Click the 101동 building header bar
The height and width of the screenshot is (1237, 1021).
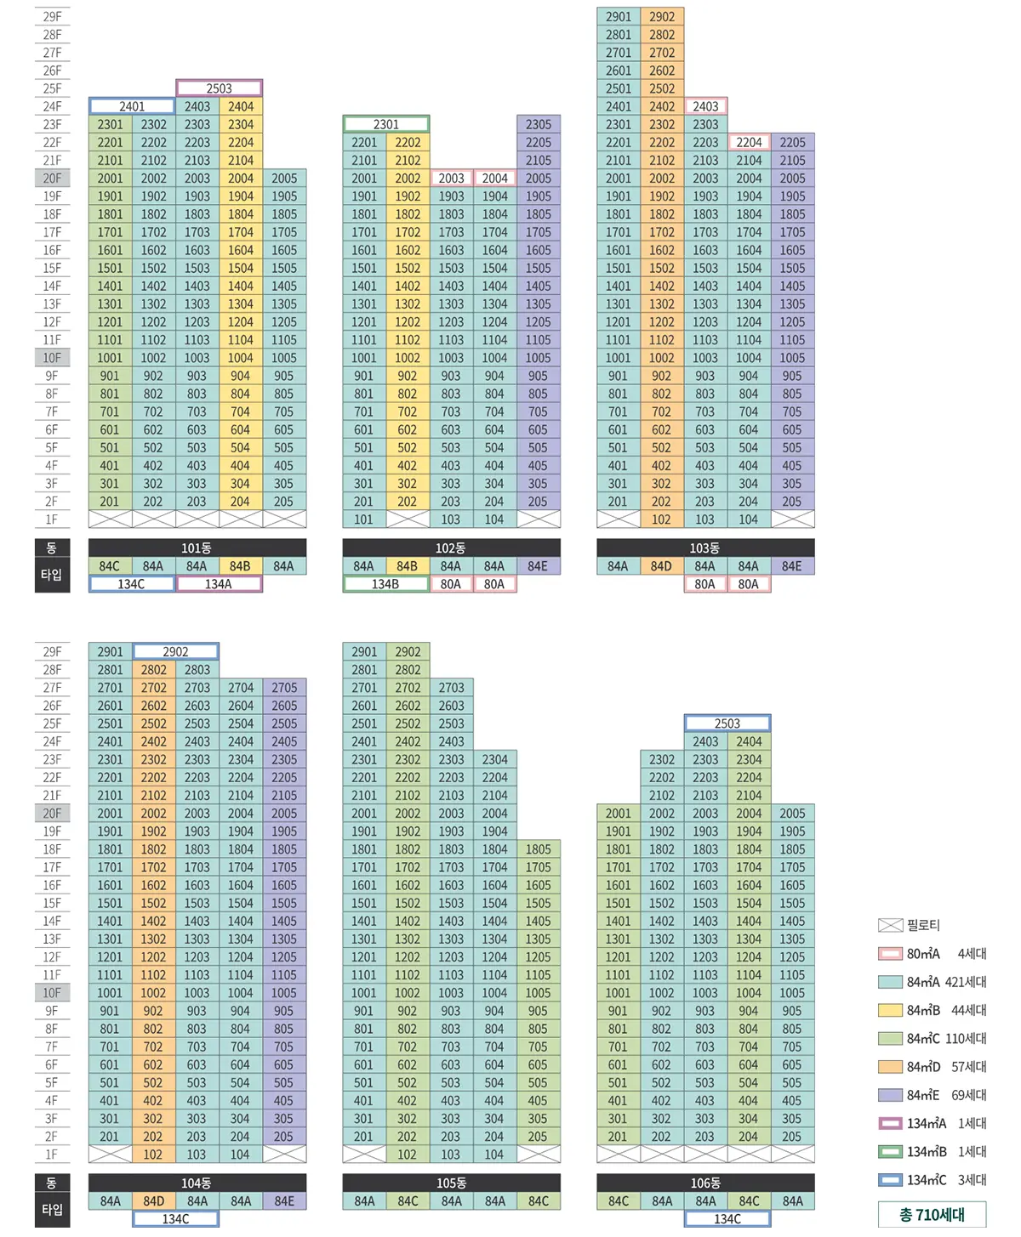pos(197,548)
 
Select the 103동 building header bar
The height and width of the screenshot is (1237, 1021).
pos(705,548)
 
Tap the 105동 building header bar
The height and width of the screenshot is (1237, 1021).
pos(451,1183)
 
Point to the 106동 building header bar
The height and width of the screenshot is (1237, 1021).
pos(705,1183)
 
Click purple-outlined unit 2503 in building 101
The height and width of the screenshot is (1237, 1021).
pos(219,88)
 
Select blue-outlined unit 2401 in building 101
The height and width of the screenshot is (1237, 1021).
pos(132,106)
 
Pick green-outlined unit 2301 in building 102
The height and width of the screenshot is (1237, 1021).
pos(385,124)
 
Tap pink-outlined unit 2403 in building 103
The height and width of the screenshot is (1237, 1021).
pos(705,106)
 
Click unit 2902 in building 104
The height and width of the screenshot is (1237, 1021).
pos(175,652)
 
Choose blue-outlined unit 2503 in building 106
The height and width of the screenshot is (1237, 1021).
pos(727,723)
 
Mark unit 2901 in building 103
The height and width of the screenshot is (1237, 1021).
pos(619,17)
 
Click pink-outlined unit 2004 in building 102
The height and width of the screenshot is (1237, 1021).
pos(494,179)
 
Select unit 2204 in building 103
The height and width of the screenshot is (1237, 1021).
pos(749,143)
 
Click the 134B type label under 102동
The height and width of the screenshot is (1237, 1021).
pos(385,584)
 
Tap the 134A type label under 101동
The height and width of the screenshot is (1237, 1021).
pos(219,584)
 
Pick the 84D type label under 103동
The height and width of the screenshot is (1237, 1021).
pos(661,566)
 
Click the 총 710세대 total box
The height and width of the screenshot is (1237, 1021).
pos(932,1215)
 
